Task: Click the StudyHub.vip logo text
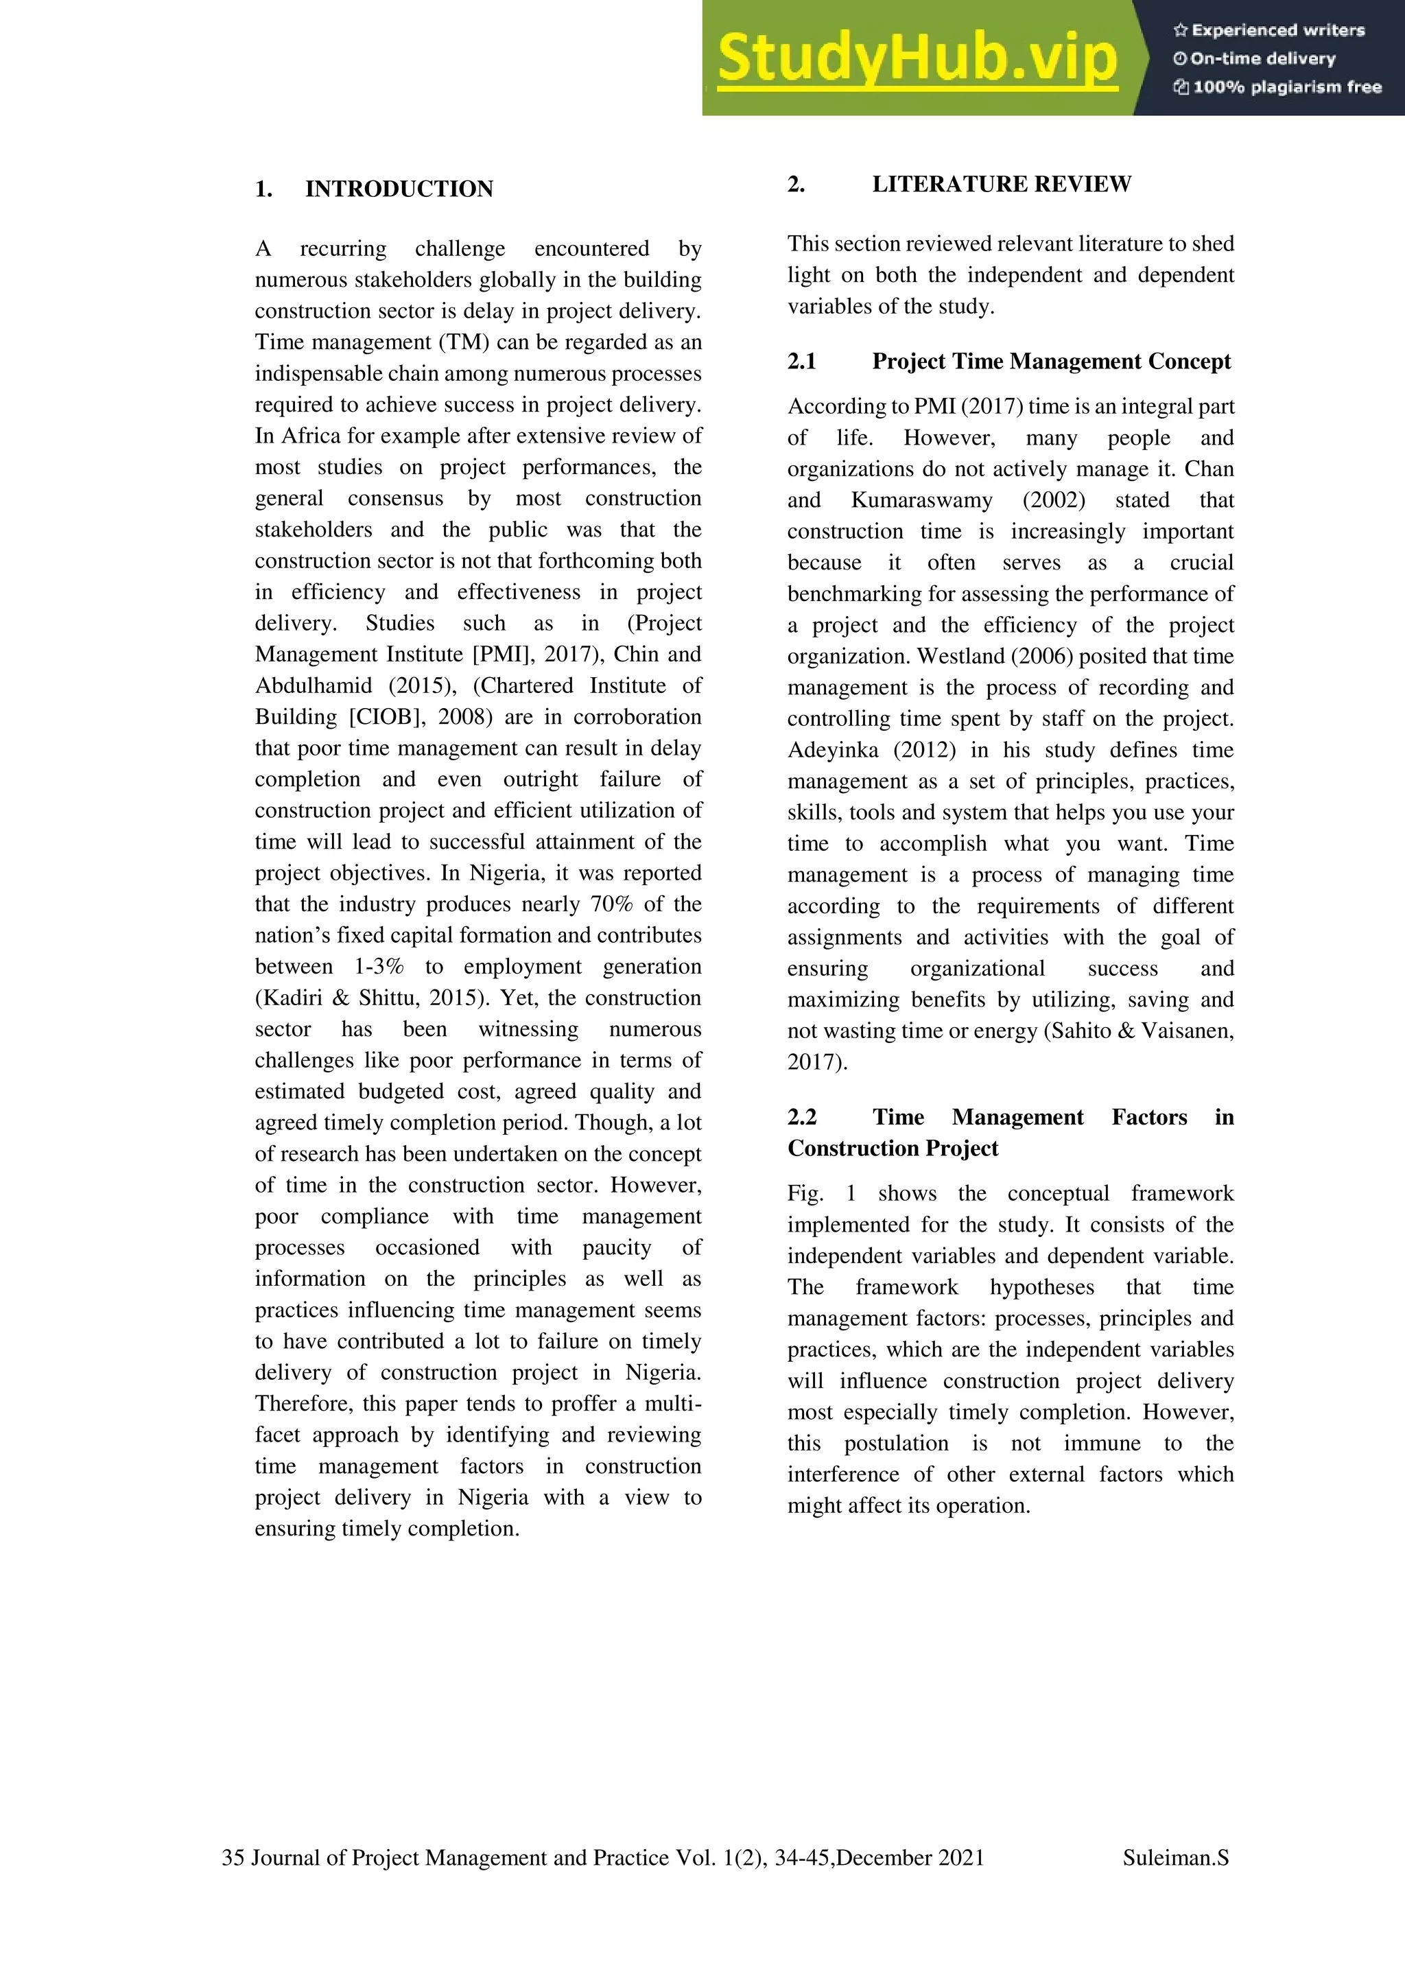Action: point(917,59)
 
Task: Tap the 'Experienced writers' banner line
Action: point(1269,30)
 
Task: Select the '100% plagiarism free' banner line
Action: point(1278,86)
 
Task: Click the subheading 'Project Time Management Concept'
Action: point(1051,361)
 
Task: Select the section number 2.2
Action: point(802,1117)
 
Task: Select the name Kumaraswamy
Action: point(921,500)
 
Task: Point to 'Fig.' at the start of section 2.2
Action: point(805,1193)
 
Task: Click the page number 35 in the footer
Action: point(233,1857)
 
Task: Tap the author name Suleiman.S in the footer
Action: point(1175,1857)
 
